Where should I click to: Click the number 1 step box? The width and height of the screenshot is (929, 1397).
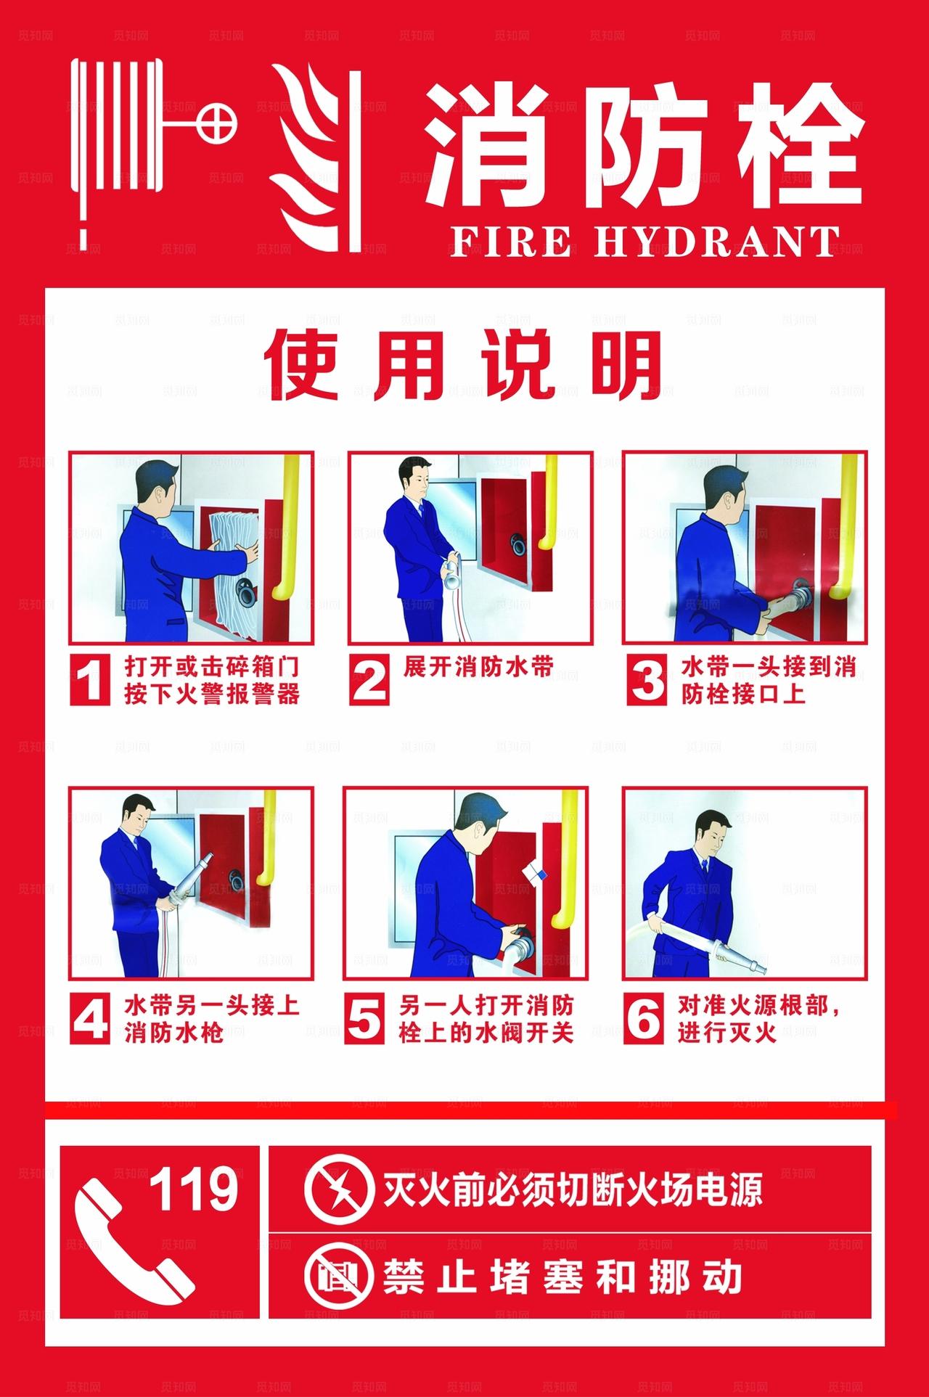tap(90, 679)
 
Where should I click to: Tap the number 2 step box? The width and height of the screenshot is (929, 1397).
tap(369, 679)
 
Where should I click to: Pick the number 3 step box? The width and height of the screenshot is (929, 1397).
tap(645, 679)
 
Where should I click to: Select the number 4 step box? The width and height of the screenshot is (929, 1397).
tap(90, 1018)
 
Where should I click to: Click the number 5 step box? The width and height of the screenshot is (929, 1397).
tap(364, 1018)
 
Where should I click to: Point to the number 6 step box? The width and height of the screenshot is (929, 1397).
tap(643, 1018)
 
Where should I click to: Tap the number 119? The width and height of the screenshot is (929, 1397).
tap(194, 1190)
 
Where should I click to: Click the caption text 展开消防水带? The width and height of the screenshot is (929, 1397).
tap(478, 666)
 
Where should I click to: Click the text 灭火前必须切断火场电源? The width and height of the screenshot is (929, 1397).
tap(573, 1191)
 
